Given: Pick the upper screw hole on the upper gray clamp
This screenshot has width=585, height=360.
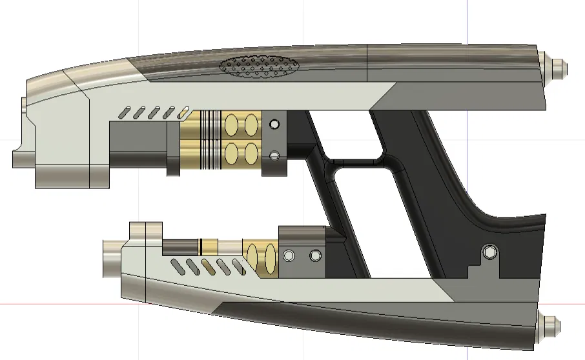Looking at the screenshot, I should pos(274,124).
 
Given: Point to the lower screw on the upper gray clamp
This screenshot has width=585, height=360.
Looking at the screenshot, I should pos(274,155).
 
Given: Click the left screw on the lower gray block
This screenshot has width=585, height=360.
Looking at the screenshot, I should pos(289,256).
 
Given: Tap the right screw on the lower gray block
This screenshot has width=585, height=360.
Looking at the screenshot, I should pos(315,256).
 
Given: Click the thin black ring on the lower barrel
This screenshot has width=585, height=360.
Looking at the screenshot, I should pos(201,246).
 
